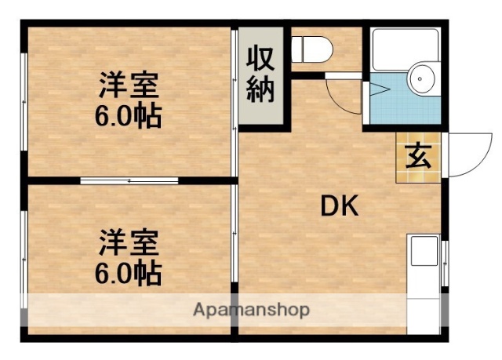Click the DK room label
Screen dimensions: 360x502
[339, 205]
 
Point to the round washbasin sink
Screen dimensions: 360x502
[422, 78]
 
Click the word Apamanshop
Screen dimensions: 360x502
[251, 309]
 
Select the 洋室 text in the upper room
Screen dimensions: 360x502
[129, 85]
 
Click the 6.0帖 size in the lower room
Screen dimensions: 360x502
[129, 273]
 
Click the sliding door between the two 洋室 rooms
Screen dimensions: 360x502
[129, 180]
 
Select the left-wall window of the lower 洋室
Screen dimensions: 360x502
[25, 259]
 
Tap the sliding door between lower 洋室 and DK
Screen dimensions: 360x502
[235, 243]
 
